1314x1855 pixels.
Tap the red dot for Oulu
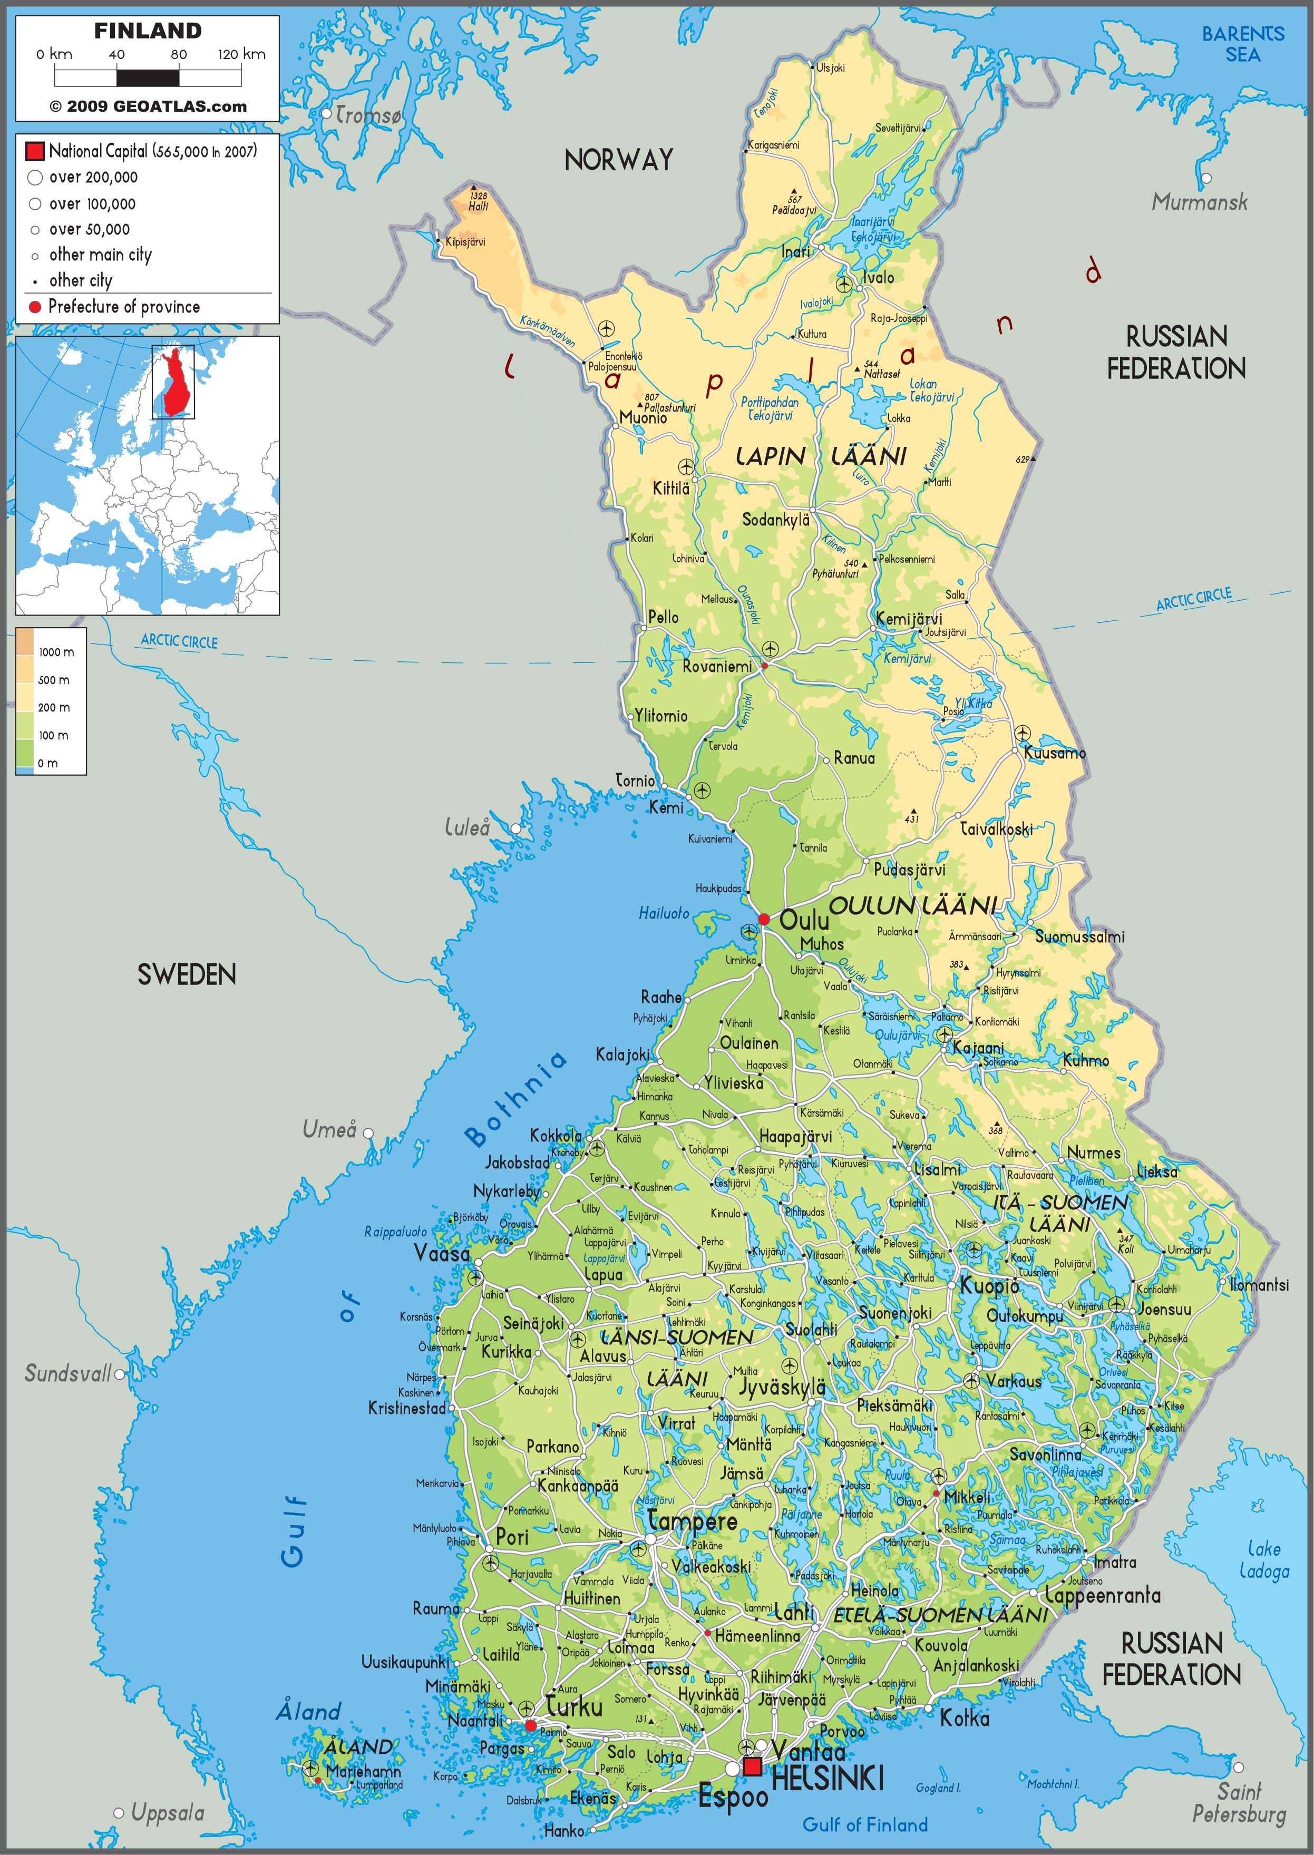pyautogui.click(x=763, y=919)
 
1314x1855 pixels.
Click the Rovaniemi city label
pyautogui.click(x=717, y=667)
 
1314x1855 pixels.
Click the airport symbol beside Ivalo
pyautogui.click(x=844, y=284)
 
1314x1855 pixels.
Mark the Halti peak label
pyautogui.click(x=478, y=206)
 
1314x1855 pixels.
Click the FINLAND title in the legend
pyautogui.click(x=147, y=31)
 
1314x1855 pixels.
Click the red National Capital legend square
pyautogui.click(x=35, y=151)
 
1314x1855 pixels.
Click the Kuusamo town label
pyautogui.click(x=1054, y=753)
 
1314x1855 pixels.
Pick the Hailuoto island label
pyautogui.click(x=664, y=913)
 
